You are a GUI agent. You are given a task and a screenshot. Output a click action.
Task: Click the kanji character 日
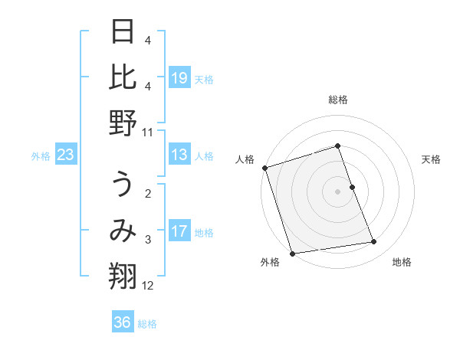point(123,33)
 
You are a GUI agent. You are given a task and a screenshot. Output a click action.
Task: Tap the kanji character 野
point(123,123)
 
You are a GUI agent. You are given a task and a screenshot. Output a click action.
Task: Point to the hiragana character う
point(123,186)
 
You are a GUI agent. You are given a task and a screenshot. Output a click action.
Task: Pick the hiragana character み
point(123,232)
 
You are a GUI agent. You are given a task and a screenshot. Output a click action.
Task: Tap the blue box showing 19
point(179,79)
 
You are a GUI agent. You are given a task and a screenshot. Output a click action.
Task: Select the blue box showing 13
point(179,155)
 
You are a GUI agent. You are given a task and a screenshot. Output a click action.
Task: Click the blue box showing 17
point(179,232)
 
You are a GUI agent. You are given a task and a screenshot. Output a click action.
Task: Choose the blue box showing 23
point(65,155)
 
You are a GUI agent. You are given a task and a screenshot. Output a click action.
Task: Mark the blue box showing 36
point(122,322)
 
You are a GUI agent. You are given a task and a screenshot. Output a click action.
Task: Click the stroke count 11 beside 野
point(148,132)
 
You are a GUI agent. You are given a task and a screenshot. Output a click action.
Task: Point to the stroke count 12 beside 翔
point(148,286)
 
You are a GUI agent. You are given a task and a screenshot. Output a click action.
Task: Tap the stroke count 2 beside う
point(148,194)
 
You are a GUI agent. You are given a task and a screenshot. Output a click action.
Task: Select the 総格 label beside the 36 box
point(147,324)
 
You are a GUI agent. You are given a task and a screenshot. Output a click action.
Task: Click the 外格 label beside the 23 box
point(41,156)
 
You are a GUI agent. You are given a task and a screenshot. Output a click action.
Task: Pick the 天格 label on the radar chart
point(431,159)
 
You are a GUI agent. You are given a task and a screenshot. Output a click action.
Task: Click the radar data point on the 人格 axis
point(264,168)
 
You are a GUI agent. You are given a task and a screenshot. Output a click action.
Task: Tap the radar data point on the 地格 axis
point(374,242)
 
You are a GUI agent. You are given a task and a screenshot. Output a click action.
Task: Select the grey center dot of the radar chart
point(337,191)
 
